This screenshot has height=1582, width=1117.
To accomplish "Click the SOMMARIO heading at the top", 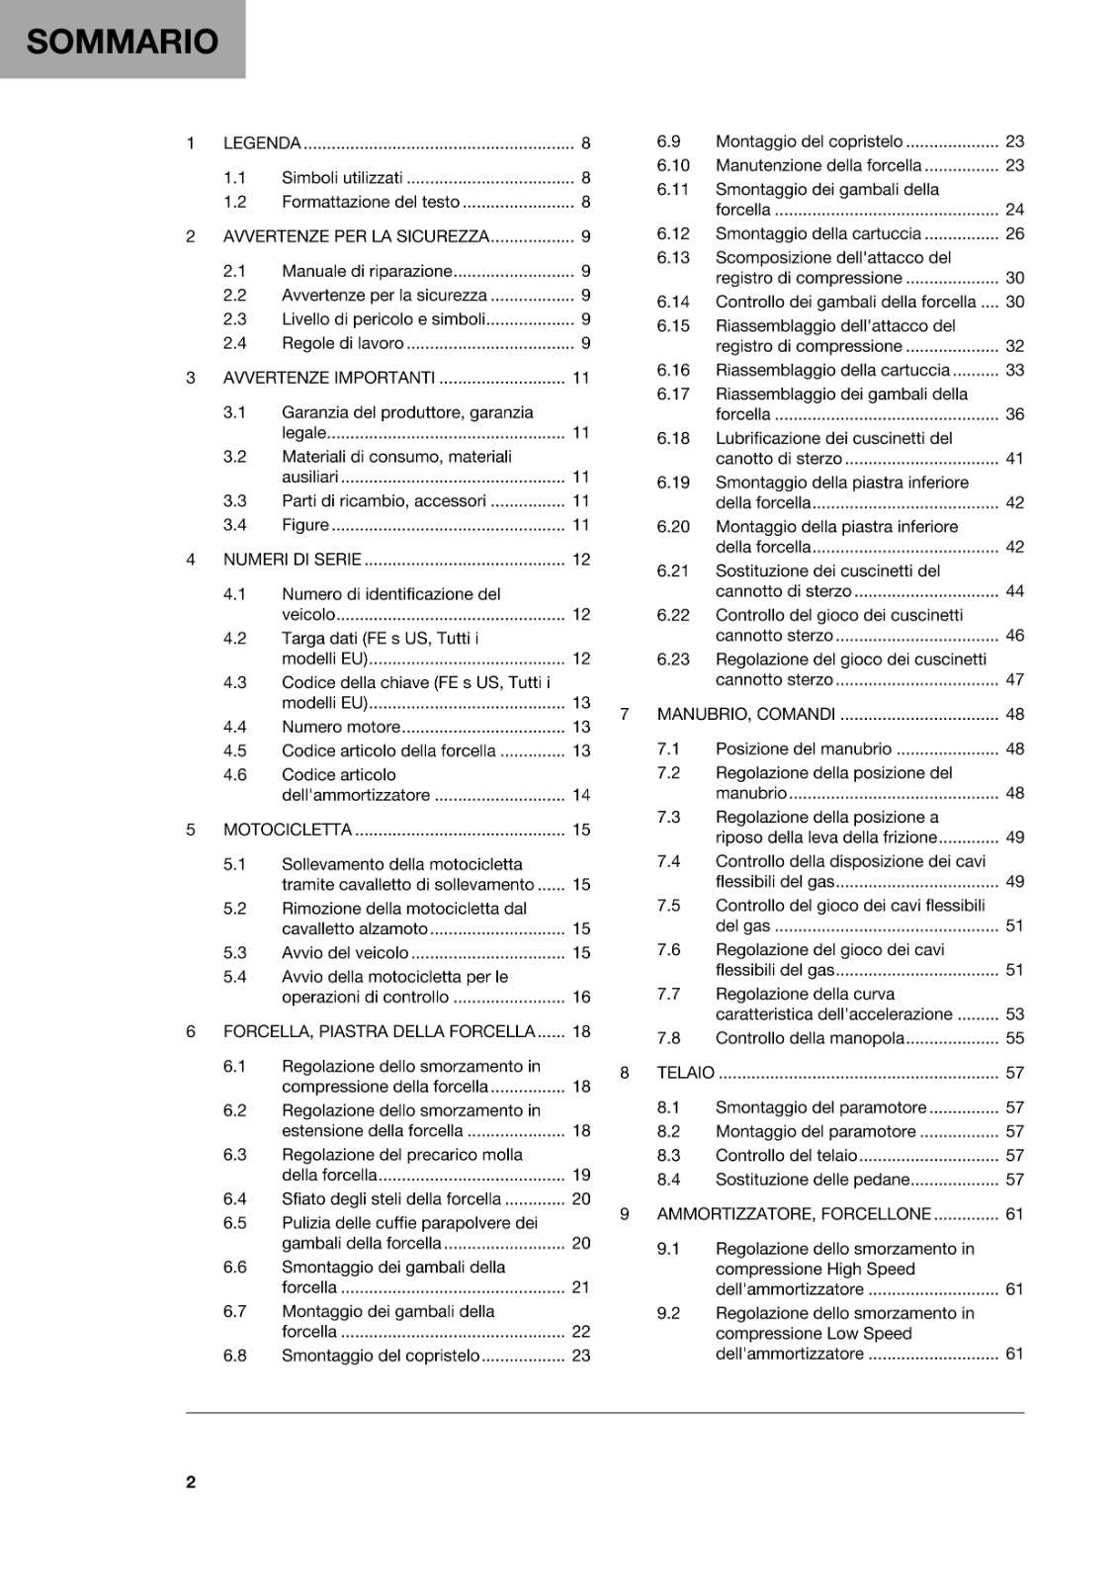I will (122, 42).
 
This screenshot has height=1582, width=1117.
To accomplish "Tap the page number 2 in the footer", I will (191, 1481).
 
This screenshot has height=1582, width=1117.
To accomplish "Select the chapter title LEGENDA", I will (262, 143).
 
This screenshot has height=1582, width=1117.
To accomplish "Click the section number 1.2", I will (234, 202).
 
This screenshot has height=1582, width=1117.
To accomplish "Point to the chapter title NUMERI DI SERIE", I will (293, 560).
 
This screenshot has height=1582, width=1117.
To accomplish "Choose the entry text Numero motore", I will (341, 727).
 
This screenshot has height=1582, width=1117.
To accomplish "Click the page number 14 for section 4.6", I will (581, 795).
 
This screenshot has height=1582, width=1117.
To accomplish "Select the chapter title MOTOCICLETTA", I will (288, 830).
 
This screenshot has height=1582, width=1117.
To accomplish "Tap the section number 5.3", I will (234, 953).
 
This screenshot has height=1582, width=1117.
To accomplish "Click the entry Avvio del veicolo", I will (345, 953).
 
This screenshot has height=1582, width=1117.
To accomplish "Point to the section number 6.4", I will (234, 1199).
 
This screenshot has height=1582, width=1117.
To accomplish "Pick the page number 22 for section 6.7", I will (581, 1332).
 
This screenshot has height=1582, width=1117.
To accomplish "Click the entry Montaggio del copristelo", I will (809, 141).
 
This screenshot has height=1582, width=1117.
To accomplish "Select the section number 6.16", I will (673, 370).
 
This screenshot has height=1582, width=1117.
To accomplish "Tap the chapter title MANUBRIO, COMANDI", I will (746, 714).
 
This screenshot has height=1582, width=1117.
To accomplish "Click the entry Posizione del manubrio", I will (804, 749).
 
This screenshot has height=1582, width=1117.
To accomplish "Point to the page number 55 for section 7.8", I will (1015, 1038).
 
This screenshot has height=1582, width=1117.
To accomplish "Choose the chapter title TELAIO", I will (686, 1073).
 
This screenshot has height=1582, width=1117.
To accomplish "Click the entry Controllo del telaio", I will (787, 1156).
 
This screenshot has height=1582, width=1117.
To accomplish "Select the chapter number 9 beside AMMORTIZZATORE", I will (625, 1214).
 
